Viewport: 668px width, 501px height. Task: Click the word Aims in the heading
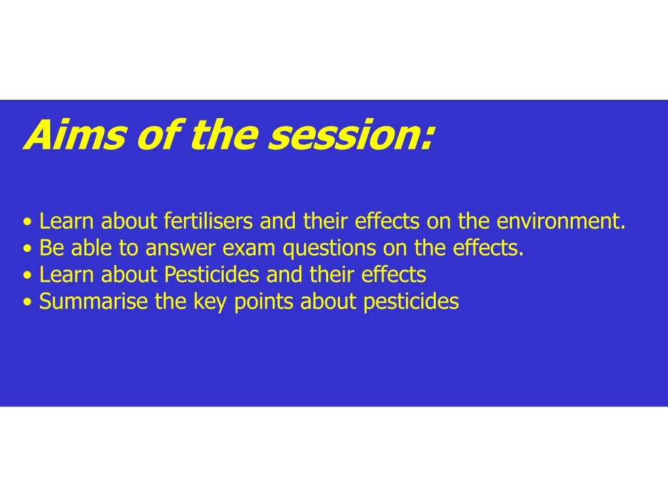pos(75,134)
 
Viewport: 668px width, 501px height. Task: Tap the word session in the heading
pos(341,135)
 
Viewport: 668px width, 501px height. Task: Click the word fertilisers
pos(208,221)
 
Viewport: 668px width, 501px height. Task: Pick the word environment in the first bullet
pos(559,221)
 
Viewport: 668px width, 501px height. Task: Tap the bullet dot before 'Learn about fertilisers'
pos(27,222)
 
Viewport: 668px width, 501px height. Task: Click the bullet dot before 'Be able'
pos(27,249)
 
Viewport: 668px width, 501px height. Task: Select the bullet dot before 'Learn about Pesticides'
pos(27,276)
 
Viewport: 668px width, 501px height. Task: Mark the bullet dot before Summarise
pos(27,303)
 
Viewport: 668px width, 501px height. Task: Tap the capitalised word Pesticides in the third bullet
pos(212,275)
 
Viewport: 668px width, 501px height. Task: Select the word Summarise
pos(93,301)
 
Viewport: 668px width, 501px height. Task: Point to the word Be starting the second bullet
pos(52,248)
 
